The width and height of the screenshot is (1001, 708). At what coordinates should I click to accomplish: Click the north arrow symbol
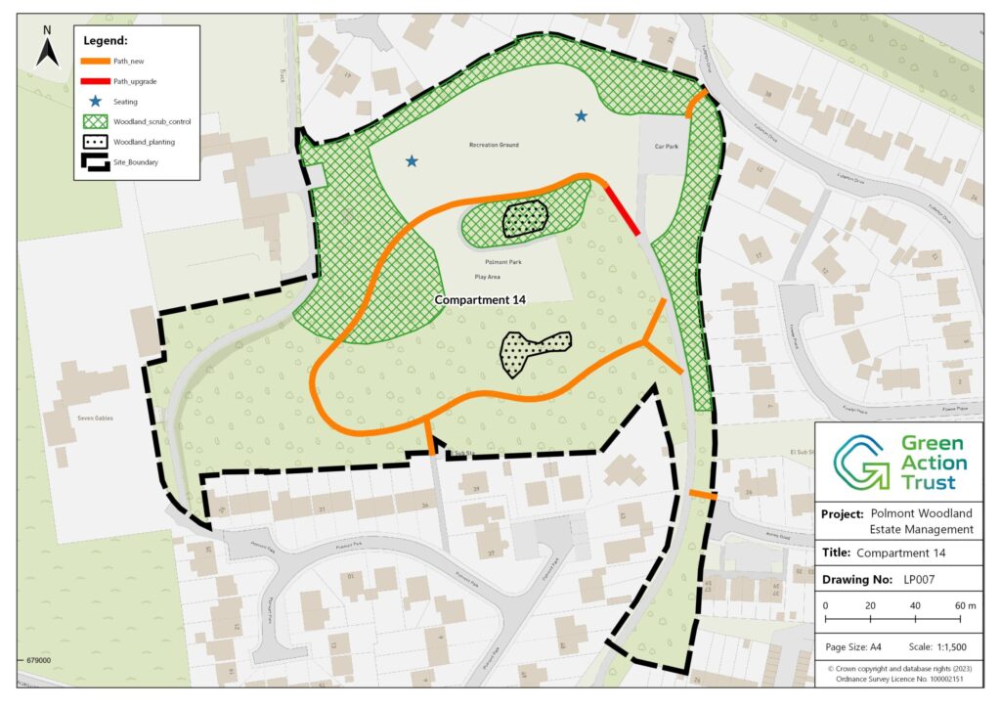pos(47,50)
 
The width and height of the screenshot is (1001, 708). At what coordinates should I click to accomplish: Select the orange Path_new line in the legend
pos(96,61)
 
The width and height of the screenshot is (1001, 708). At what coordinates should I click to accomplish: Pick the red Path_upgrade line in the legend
pos(96,81)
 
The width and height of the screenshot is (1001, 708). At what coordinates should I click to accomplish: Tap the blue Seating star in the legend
pos(96,102)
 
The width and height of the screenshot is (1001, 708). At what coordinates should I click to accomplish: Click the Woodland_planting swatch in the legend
pos(96,142)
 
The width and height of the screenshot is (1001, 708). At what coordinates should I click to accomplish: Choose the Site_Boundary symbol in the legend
pos(96,162)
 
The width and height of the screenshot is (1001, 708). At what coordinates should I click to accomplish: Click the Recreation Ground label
pos(494,145)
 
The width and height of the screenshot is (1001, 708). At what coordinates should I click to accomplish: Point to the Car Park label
pos(666,146)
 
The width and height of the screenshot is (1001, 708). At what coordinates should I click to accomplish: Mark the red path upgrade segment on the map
pos(622,211)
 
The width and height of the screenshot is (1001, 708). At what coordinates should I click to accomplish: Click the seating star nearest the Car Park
pos(582,116)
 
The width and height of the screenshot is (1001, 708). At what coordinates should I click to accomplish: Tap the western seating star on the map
pos(412,161)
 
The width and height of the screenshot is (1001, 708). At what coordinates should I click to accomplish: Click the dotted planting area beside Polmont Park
pos(525,219)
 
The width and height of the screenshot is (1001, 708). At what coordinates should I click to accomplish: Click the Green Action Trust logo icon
pos(859,463)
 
